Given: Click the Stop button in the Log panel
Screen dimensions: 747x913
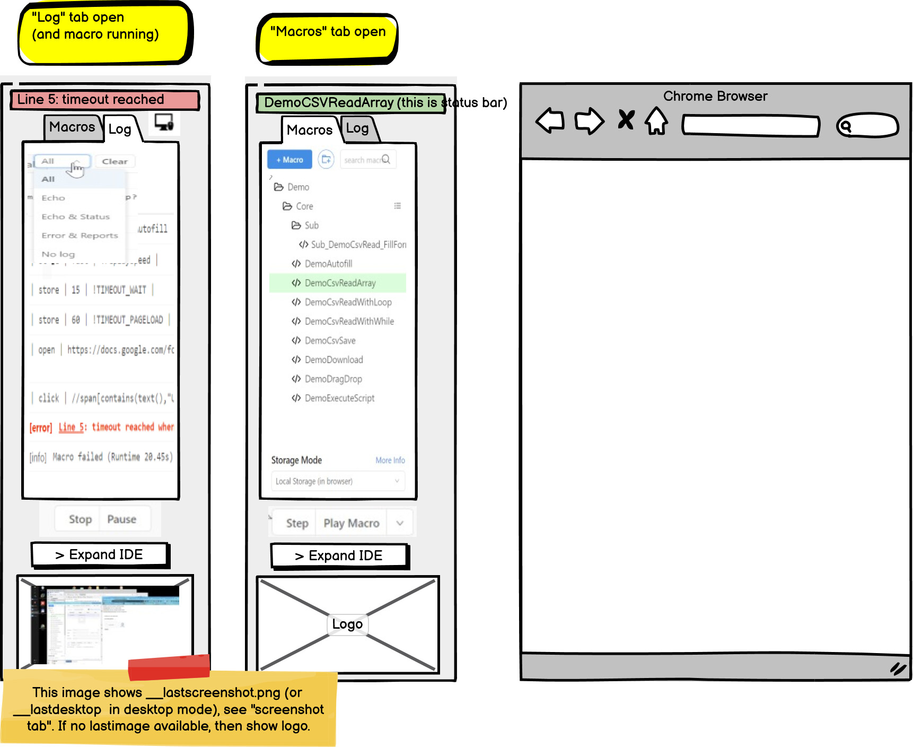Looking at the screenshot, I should pos(80,519).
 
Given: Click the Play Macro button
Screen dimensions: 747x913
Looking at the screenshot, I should pos(351,524).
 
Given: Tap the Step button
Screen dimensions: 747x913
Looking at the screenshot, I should pos(297,524).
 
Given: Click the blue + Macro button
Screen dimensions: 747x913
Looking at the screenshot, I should pos(289,160).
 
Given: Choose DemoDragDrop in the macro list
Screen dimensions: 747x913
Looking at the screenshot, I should pos(333,379).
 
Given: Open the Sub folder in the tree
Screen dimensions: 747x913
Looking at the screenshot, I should pos(311,225).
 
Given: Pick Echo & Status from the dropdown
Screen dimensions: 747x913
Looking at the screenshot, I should pos(75,216).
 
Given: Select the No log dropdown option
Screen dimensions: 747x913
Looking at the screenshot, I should pos(58,254).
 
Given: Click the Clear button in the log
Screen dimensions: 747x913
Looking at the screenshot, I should pos(115,161).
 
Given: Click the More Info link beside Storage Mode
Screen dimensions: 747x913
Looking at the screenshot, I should pos(390,461).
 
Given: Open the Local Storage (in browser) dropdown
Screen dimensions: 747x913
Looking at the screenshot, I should pos(337,481).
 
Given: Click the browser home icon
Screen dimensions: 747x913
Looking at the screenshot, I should pos(656,121).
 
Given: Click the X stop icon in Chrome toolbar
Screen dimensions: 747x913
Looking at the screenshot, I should pos(626,119).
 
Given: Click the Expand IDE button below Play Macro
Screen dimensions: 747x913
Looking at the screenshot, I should pos(339,556).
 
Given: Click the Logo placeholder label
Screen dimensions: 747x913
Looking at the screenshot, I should pos(347,624).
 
